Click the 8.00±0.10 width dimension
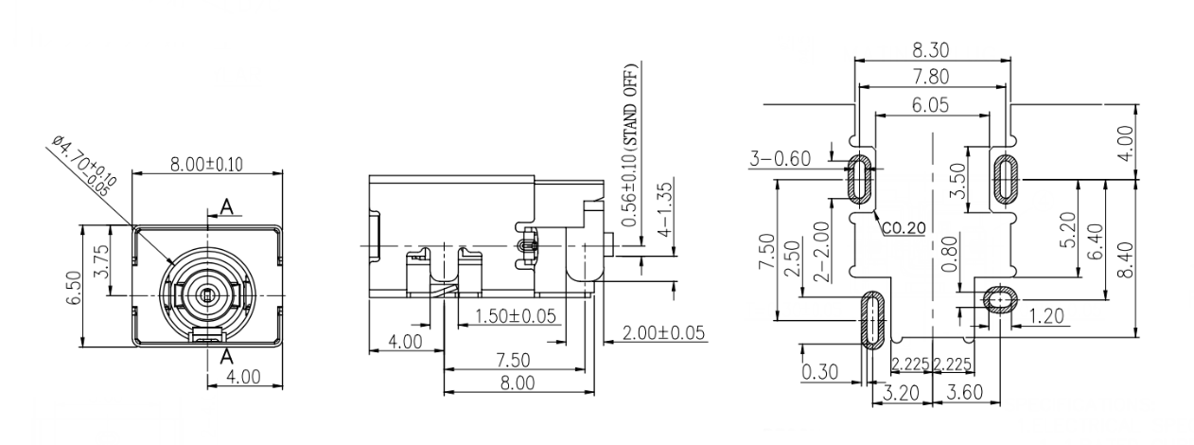click(206, 164)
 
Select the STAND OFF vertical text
click(631, 142)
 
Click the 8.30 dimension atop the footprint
click(932, 49)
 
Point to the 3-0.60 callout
click(781, 159)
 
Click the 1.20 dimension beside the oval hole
click(1045, 315)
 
